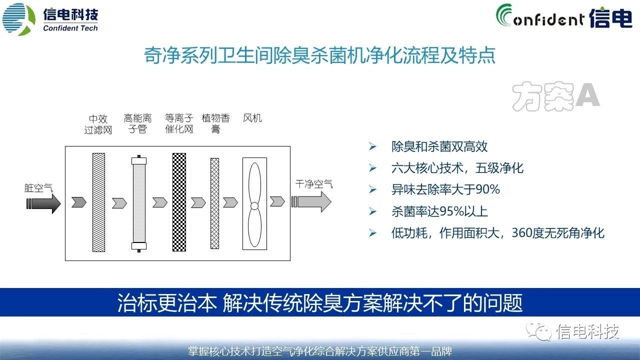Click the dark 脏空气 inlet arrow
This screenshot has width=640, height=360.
[43, 203]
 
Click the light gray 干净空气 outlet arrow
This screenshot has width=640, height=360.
[311, 201]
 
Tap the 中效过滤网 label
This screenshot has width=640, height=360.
[98, 124]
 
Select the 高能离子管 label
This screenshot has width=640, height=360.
[137, 123]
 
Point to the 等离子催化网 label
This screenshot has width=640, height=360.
[179, 123]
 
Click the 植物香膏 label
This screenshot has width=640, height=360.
[215, 123]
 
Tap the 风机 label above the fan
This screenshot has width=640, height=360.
[252, 118]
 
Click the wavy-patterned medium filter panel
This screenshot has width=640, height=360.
[98, 202]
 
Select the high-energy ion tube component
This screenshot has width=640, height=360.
[139, 203]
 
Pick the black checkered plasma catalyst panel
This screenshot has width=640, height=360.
[179, 202]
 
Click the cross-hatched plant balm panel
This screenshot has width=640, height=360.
[214, 203]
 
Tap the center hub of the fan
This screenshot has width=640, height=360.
[254, 205]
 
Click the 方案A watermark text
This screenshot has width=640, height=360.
[555, 96]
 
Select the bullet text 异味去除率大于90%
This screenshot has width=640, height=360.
[445, 189]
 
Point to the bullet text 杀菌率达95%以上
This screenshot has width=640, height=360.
[439, 211]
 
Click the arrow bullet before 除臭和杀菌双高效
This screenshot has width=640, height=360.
[372, 146]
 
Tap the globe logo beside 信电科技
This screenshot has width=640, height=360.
[19, 19]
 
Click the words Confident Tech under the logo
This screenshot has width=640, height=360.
[70, 28]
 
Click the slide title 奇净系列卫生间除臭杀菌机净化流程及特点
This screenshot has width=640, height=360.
[319, 55]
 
